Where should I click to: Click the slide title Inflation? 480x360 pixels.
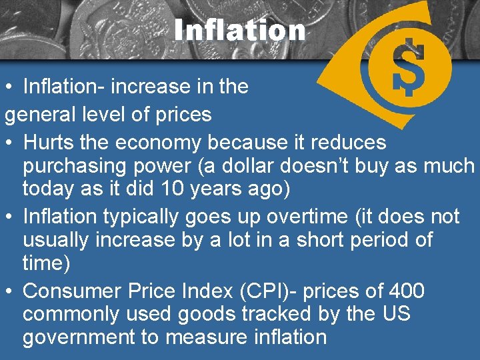click(x=239, y=29)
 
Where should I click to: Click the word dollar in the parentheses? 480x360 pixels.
click(x=225, y=166)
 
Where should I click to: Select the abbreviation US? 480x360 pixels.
click(x=396, y=314)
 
